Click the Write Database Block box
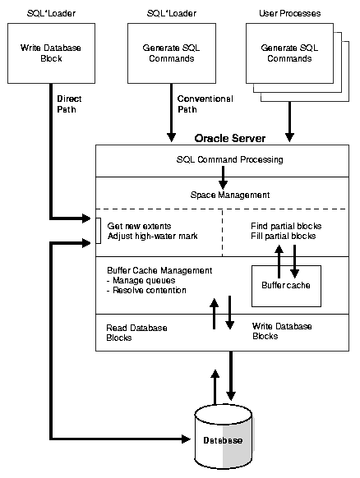[51, 53]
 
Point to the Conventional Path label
[205, 104]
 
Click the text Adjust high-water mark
[153, 237]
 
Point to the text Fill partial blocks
[284, 237]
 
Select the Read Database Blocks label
[136, 333]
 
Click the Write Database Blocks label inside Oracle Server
[283, 331]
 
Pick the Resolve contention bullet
[148, 290]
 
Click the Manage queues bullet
[142, 280]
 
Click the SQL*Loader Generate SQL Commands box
[173, 53]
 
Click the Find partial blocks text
[285, 226]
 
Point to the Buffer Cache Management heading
[159, 269]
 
